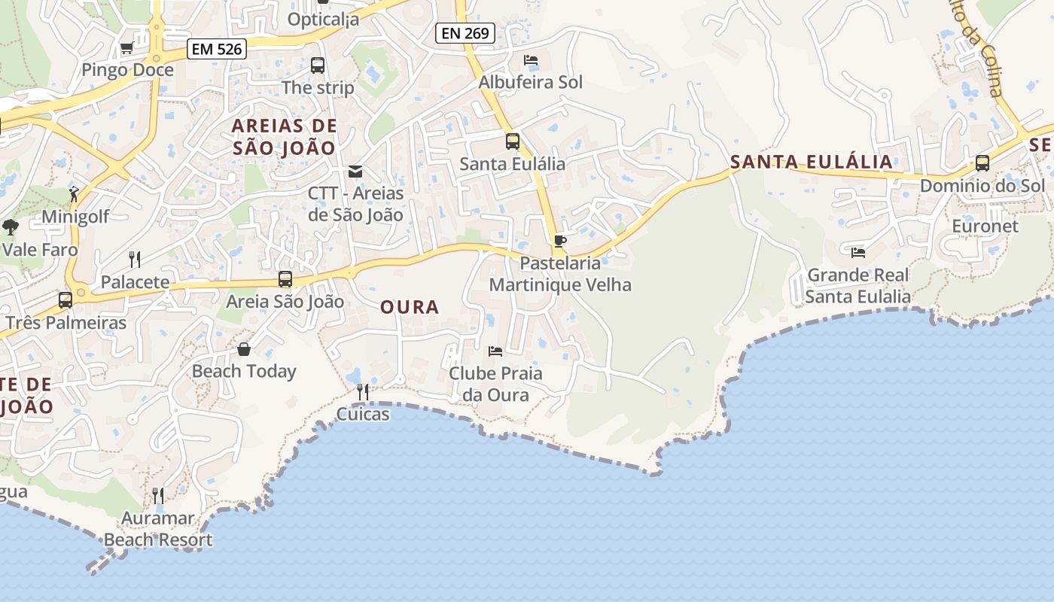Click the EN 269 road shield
(465, 32)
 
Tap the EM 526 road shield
(217, 50)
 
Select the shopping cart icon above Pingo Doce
(126, 48)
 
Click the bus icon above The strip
(318, 65)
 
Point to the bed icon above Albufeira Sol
(531, 60)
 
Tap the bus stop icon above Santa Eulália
(513, 141)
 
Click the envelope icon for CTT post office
(355, 172)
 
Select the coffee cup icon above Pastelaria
(559, 241)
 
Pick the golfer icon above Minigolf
(74, 195)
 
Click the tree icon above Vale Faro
(11, 227)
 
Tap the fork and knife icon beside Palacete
(135, 260)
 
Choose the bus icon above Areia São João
(285, 279)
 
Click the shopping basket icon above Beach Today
(244, 349)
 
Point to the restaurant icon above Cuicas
(363, 391)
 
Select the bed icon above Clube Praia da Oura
(495, 351)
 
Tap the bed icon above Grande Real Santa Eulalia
(858, 253)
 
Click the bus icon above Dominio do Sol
(982, 163)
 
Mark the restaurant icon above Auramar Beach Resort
(158, 495)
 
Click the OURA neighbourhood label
(410, 307)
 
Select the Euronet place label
(985, 227)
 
